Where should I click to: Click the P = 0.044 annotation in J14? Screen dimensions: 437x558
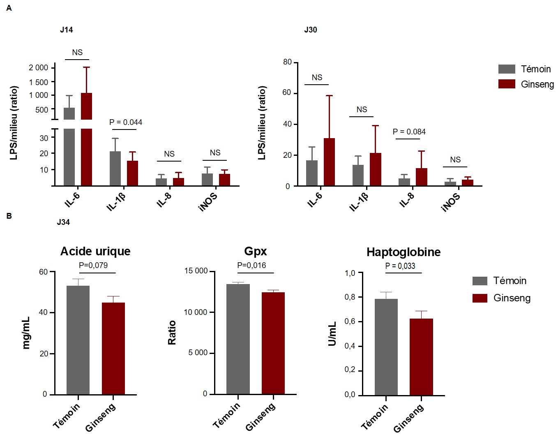(126, 122)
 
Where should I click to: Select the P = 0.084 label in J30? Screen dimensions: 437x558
(409, 132)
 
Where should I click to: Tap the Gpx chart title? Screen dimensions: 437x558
(255, 251)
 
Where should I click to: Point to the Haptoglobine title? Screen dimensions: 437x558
(403, 252)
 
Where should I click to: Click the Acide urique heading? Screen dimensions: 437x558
(95, 251)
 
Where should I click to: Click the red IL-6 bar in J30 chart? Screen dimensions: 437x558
(329, 162)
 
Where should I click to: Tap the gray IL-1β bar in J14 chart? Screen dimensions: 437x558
(115, 169)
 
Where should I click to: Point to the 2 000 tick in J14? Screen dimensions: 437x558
(38, 67)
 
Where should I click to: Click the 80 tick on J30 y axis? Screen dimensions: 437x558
(287, 62)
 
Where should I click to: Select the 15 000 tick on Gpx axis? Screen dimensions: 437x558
(196, 271)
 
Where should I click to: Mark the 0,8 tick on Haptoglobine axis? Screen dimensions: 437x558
(350, 297)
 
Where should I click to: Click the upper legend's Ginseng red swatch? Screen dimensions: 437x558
(507, 84)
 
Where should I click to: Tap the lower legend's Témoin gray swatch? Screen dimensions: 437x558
(480, 281)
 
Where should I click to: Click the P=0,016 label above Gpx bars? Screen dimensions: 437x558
(251, 265)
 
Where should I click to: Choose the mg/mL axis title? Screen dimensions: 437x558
(26, 333)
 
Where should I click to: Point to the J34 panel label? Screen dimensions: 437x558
(63, 222)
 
